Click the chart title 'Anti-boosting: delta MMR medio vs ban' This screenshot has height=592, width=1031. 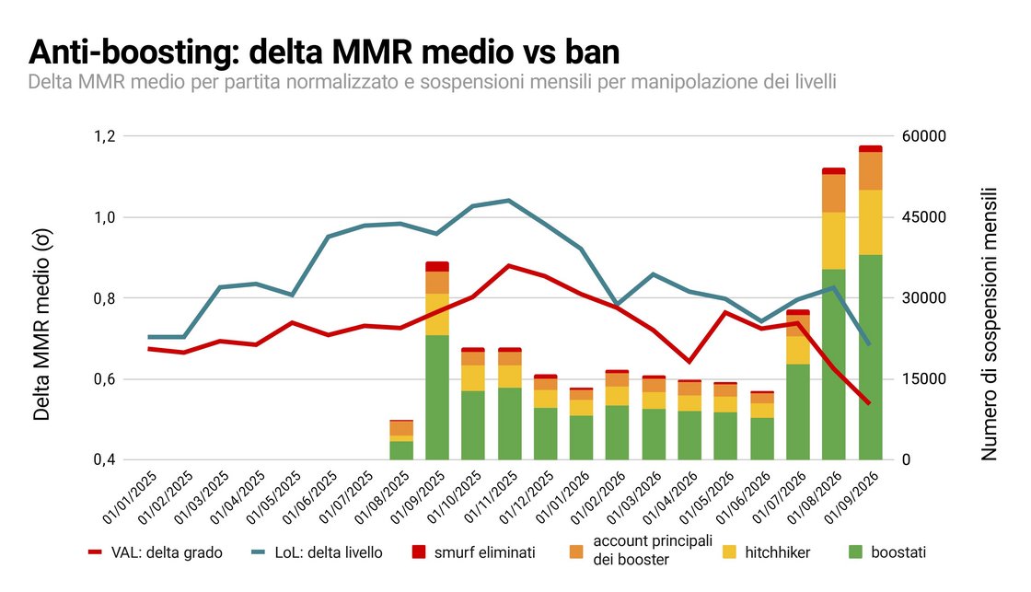pos(324,52)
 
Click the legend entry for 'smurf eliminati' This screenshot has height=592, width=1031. pos(473,552)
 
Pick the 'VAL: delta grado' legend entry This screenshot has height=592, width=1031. pos(156,552)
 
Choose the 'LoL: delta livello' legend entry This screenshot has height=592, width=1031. pos(317,552)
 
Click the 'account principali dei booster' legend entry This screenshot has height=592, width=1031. pos(641,551)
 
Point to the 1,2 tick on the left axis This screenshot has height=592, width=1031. pos(105,136)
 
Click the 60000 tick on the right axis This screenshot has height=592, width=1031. pos(924,136)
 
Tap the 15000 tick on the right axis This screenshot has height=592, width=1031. pos(924,379)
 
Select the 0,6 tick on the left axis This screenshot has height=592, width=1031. pos(105,379)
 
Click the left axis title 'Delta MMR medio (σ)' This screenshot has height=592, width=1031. pos(41,324)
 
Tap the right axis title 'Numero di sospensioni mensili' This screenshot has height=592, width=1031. pos(989,324)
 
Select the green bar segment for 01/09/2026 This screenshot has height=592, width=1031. pos(871,357)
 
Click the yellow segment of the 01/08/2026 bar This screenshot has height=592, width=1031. pos(834,240)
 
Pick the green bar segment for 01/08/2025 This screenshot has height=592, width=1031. pos(401,450)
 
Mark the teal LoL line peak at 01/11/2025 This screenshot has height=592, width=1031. pos(510,200)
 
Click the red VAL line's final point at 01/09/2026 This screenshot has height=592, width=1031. pos(869,403)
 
